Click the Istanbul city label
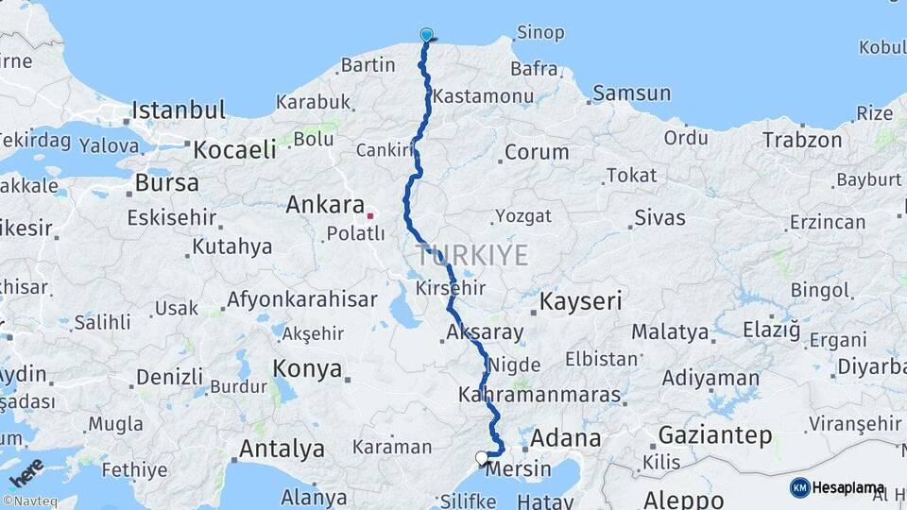179,110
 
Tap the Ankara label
325,204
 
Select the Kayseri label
581,302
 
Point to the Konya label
307,368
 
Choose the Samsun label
632,93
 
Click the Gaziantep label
715,435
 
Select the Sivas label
659,218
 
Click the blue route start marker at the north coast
426,36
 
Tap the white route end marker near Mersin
482,458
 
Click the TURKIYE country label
472,254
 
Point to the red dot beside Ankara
370,214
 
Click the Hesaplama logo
837,487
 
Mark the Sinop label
541,33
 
